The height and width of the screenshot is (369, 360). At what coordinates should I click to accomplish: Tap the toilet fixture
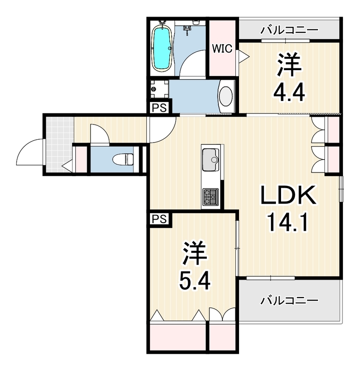[x=123, y=160]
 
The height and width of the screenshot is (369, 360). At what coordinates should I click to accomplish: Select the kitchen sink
[x=210, y=160]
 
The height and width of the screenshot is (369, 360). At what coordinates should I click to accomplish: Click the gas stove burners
[x=210, y=197]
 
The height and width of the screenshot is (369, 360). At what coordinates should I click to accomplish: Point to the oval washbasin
[x=226, y=96]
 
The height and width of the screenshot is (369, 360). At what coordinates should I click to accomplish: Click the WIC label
[x=222, y=49]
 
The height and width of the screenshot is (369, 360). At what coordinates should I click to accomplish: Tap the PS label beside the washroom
[x=159, y=108]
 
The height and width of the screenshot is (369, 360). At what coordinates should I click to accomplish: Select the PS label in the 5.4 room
[x=159, y=220]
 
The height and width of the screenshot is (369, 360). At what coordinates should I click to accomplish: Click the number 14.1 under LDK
[x=288, y=222]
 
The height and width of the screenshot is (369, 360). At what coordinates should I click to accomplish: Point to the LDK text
[x=288, y=195]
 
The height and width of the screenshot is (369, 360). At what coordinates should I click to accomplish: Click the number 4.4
[x=289, y=92]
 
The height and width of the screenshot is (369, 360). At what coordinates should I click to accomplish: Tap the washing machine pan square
[x=159, y=89]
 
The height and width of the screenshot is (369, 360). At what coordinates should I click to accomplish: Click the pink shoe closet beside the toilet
[x=81, y=160]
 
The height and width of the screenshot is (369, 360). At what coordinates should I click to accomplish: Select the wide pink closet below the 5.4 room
[x=178, y=338]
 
